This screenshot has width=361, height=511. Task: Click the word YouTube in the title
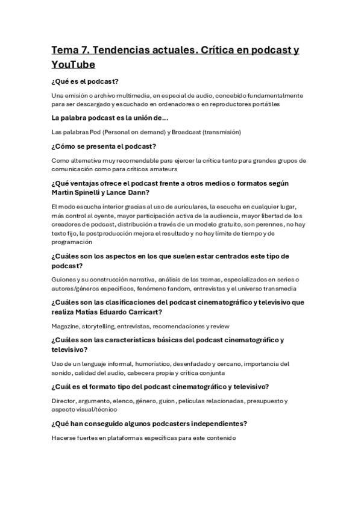coord(74,64)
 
